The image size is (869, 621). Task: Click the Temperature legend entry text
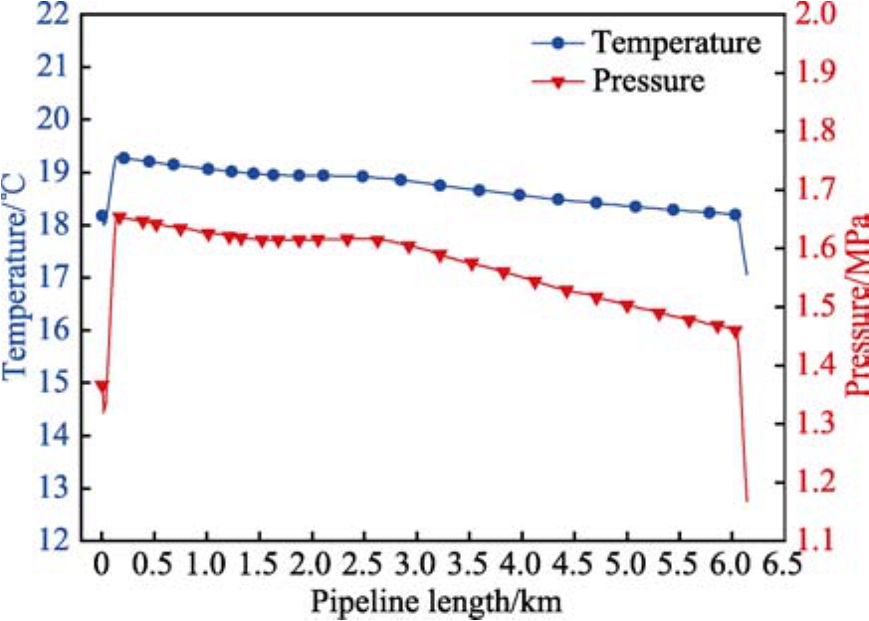[x=677, y=43]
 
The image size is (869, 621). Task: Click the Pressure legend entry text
[x=648, y=81]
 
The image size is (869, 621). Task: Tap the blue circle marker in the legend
[x=558, y=43]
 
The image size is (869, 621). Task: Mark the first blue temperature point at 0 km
[x=102, y=216]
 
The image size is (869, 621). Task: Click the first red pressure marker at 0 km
[x=102, y=386]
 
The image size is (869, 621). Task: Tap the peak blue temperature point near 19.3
[x=123, y=157]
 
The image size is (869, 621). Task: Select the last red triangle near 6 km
[x=736, y=331]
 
